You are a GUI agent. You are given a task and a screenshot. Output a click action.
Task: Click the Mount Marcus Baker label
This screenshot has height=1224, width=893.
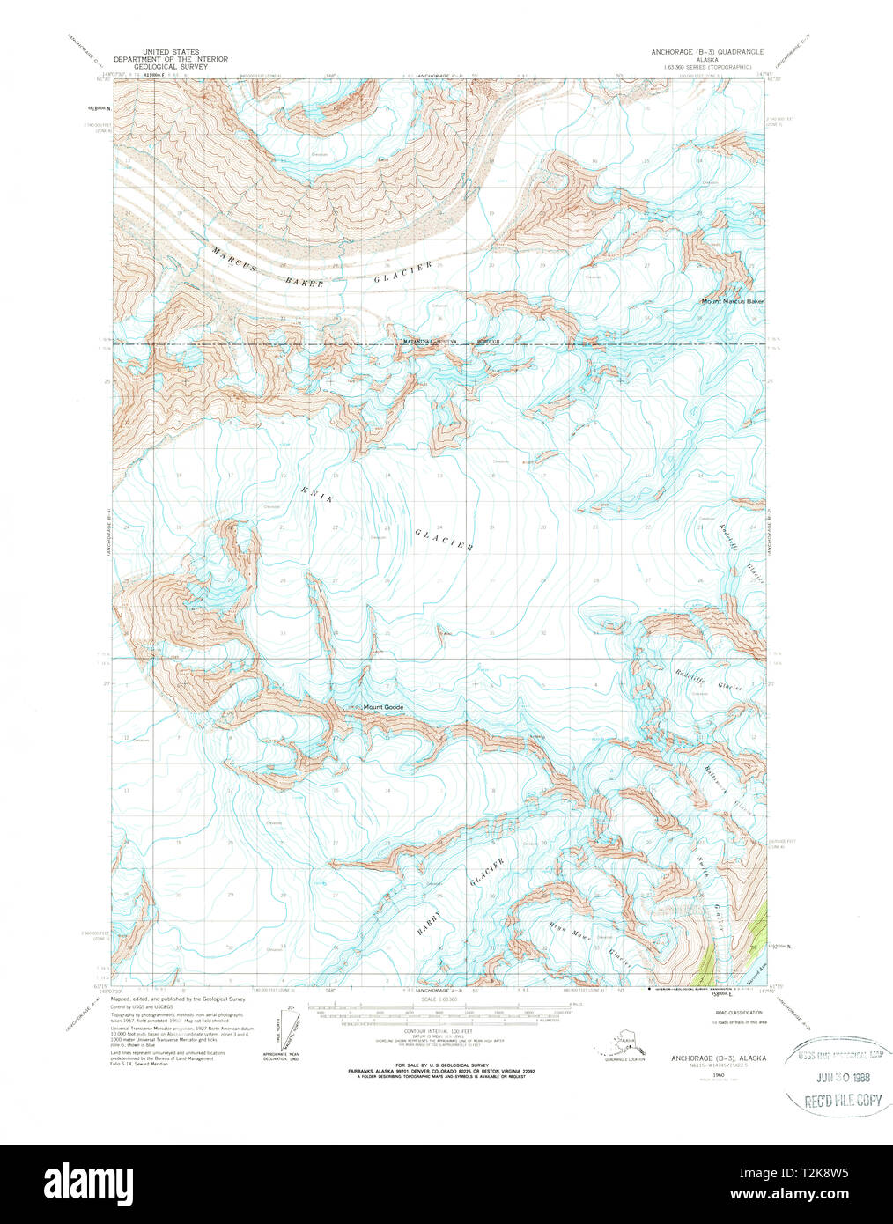732,301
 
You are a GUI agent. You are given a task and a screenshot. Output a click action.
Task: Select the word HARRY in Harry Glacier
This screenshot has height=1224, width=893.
429,916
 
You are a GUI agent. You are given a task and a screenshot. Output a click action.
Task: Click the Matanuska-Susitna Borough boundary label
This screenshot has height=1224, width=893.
445,341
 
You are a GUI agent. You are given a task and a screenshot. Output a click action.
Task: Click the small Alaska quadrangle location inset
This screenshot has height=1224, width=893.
624,1043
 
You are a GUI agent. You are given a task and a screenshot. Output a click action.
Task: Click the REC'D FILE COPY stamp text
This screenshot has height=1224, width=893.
842,1101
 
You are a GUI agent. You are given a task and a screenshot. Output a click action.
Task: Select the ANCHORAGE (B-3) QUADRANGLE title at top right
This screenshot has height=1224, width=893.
707,53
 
